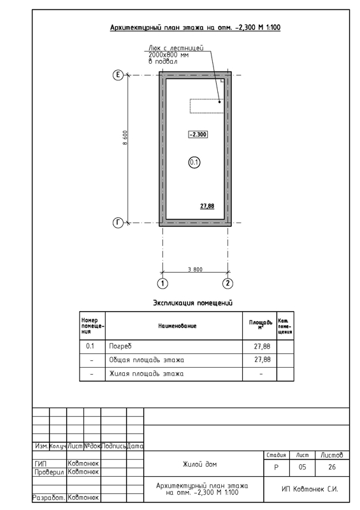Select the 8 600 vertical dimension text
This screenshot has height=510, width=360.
pos(125,138)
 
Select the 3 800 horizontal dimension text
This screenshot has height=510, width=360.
pos(195,269)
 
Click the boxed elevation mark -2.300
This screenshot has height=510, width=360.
pos(198,135)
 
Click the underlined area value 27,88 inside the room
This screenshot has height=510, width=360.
pos(207,206)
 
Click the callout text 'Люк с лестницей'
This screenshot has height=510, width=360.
pos(176,48)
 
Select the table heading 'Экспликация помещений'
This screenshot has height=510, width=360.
pos(193,303)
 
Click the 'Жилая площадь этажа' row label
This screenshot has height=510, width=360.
pos(146,374)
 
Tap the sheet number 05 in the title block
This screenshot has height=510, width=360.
pos(302,467)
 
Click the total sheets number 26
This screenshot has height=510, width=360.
pos(332,467)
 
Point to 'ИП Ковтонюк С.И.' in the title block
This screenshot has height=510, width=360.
pos(310,489)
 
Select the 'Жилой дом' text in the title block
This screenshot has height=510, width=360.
pos(199,464)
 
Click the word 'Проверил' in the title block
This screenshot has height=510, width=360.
pos(50,472)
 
